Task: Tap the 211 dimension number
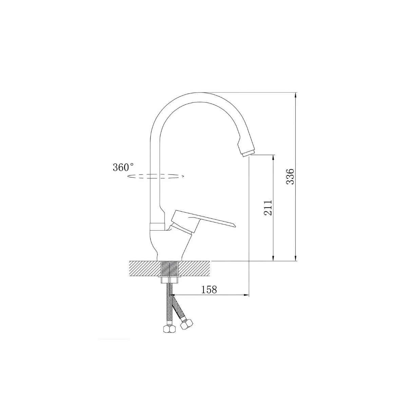(268, 208)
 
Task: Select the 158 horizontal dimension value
(209, 290)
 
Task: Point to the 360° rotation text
(123, 167)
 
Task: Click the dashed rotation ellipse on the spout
(156, 176)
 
